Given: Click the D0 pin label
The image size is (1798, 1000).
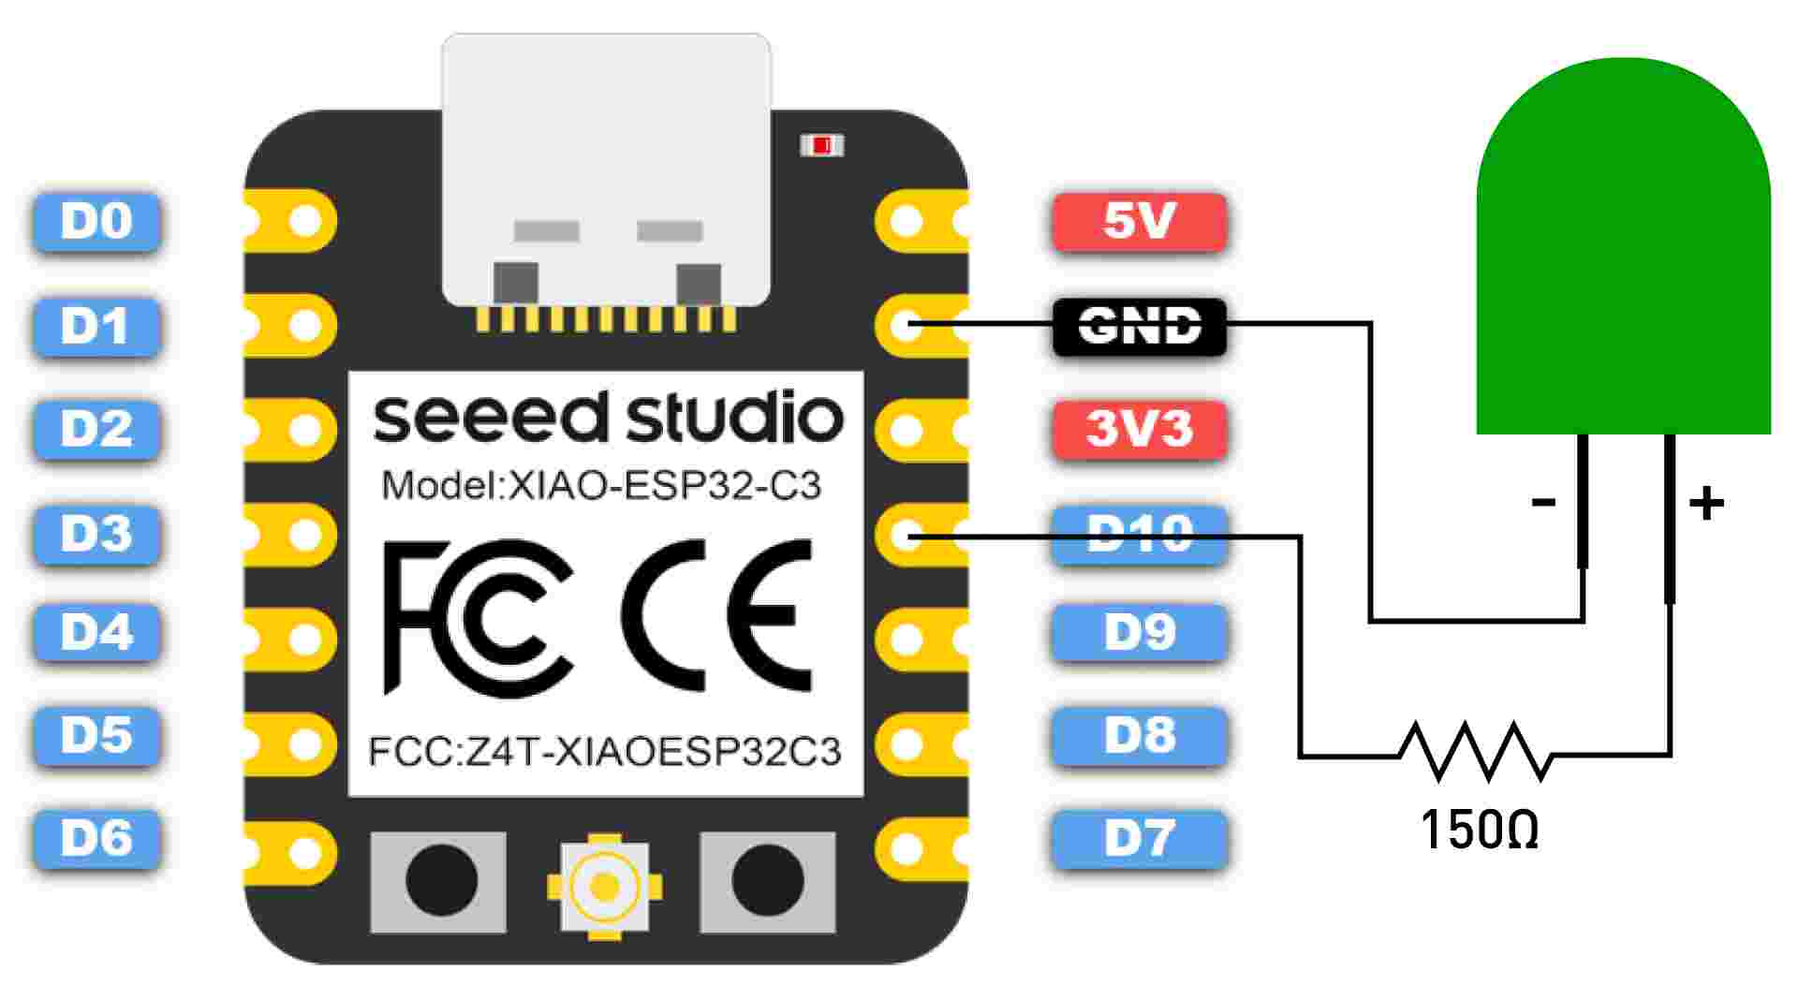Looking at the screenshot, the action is [96, 222].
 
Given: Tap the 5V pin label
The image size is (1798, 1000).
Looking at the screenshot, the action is [1139, 222].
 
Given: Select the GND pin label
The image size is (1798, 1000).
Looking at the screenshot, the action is [1139, 327].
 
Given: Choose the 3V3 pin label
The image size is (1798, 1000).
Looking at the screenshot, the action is [1139, 430].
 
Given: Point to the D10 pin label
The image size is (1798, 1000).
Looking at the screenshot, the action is [1139, 535].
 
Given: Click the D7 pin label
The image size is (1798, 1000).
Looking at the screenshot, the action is [1139, 839].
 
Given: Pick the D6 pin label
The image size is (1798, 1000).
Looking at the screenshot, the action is [96, 839].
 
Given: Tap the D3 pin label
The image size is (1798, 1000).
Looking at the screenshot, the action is [96, 535].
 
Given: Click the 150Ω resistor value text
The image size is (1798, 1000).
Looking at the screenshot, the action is [1479, 830].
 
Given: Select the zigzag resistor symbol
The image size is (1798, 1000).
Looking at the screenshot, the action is [1475, 751].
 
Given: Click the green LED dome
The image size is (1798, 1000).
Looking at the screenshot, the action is [1623, 245].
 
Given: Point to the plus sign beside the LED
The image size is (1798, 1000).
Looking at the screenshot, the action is [1706, 504].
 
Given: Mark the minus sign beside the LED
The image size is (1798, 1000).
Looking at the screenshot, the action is [1543, 503].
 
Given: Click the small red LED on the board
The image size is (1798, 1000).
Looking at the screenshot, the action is [822, 145].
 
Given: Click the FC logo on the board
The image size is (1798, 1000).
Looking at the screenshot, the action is [479, 617].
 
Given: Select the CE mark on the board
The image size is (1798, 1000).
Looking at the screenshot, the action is [716, 615].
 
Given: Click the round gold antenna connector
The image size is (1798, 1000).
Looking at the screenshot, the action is [605, 886].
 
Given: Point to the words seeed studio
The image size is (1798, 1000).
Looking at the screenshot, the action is [608, 418].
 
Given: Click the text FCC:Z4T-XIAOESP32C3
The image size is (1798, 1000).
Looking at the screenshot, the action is [605, 752].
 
